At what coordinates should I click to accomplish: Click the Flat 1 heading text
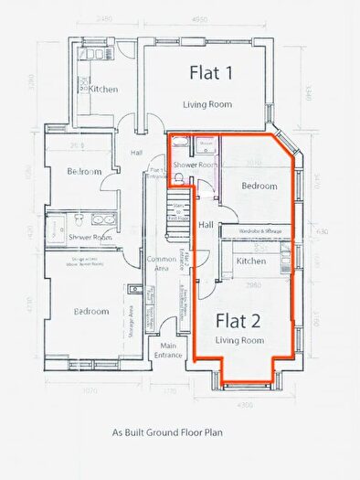pyautogui.click(x=211, y=72)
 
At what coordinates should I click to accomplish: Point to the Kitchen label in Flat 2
pyautogui.click(x=251, y=261)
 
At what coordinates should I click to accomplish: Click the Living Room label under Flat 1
pyautogui.click(x=207, y=104)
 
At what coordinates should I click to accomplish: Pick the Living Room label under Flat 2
pyautogui.click(x=239, y=340)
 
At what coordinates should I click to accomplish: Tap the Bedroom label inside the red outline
pyautogui.click(x=259, y=186)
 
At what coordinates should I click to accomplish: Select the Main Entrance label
pyautogui.click(x=168, y=350)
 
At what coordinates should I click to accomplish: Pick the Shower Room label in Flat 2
pyautogui.click(x=196, y=165)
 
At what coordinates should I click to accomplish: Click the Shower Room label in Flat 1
pyautogui.click(x=90, y=237)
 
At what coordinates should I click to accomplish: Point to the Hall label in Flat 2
pyautogui.click(x=206, y=225)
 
